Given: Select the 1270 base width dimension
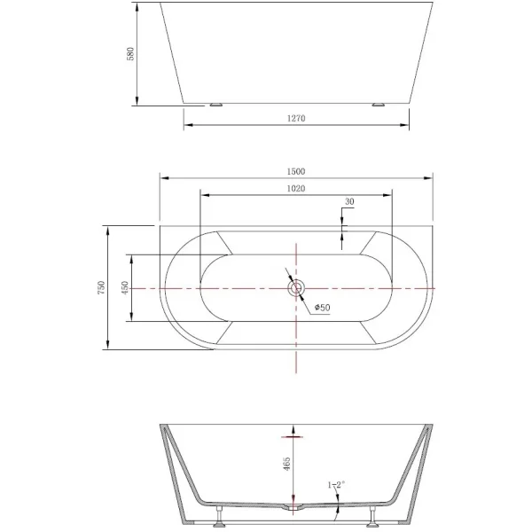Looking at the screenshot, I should [x=296, y=118].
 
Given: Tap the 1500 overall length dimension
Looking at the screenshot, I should [x=296, y=171].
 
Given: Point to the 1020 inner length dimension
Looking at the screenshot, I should [x=296, y=188].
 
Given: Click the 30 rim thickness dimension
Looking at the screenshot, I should [x=349, y=202].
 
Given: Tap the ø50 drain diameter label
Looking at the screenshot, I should [x=321, y=308].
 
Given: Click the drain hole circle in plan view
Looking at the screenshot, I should [x=296, y=287].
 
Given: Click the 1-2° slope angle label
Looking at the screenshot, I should [x=335, y=485].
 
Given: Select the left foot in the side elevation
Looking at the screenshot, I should [x=215, y=105].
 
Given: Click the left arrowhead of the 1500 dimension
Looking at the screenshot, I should [x=163, y=178].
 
